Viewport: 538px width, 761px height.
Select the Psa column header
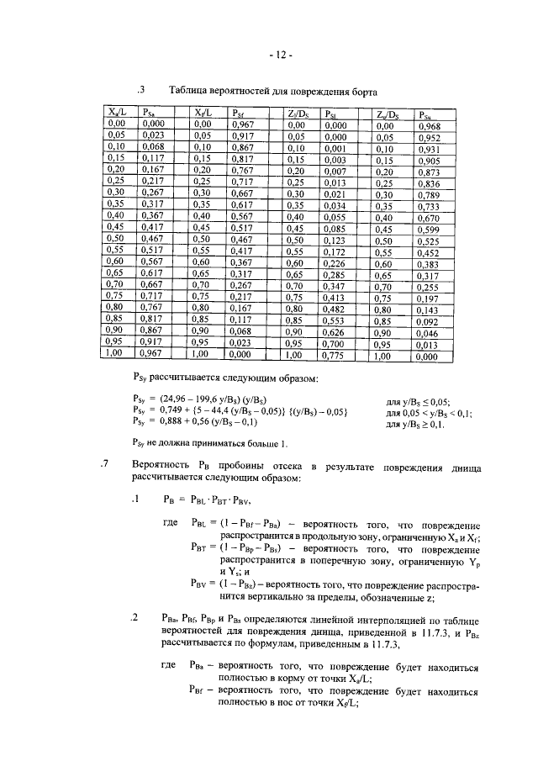(152, 113)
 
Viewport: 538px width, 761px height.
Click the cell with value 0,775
(336, 356)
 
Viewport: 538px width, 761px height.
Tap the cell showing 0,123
(336, 240)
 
